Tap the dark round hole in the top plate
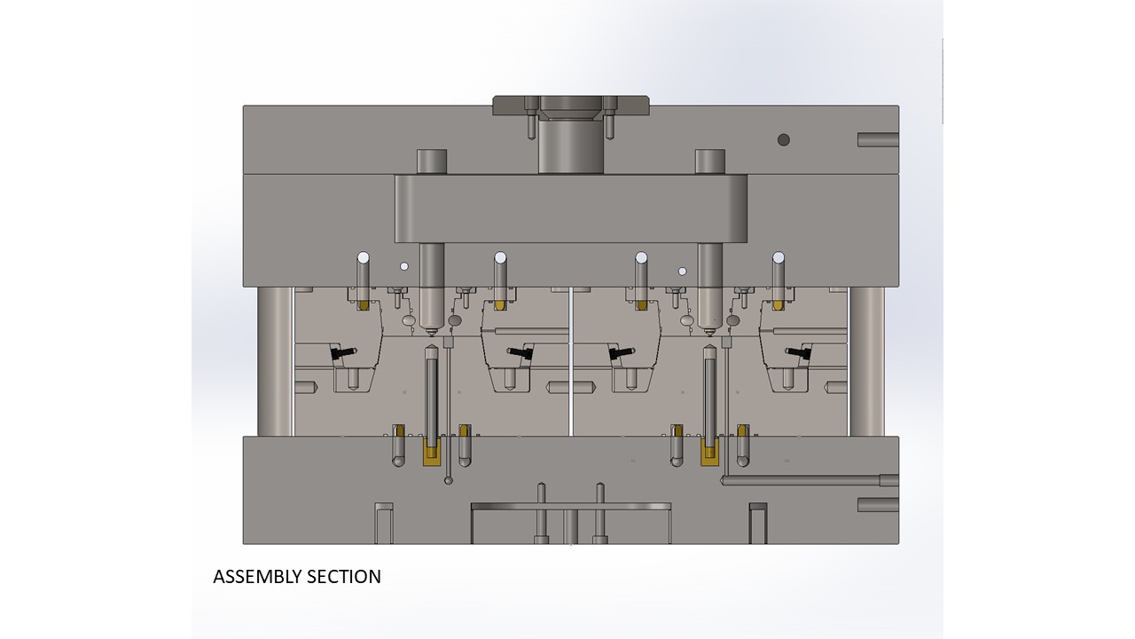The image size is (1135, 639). point(783,139)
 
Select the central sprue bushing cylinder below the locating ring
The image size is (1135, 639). point(571,147)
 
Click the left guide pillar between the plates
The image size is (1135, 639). point(275,361)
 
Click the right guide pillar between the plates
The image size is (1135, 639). point(867,361)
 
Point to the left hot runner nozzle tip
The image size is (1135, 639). point(432,333)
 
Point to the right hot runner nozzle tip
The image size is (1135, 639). point(710,333)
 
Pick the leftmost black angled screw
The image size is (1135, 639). point(343,352)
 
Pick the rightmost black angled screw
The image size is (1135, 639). point(799,352)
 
